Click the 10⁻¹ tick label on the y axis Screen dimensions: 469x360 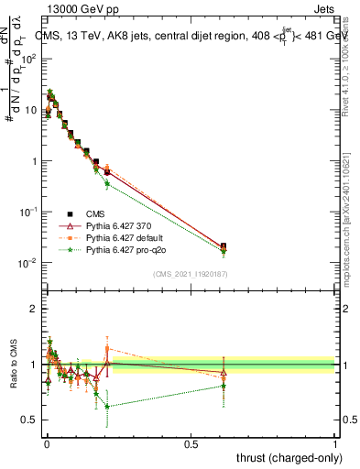(x=29, y=212)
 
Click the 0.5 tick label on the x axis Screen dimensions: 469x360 (x=191, y=443)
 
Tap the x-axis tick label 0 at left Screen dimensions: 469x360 (x=46, y=443)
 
